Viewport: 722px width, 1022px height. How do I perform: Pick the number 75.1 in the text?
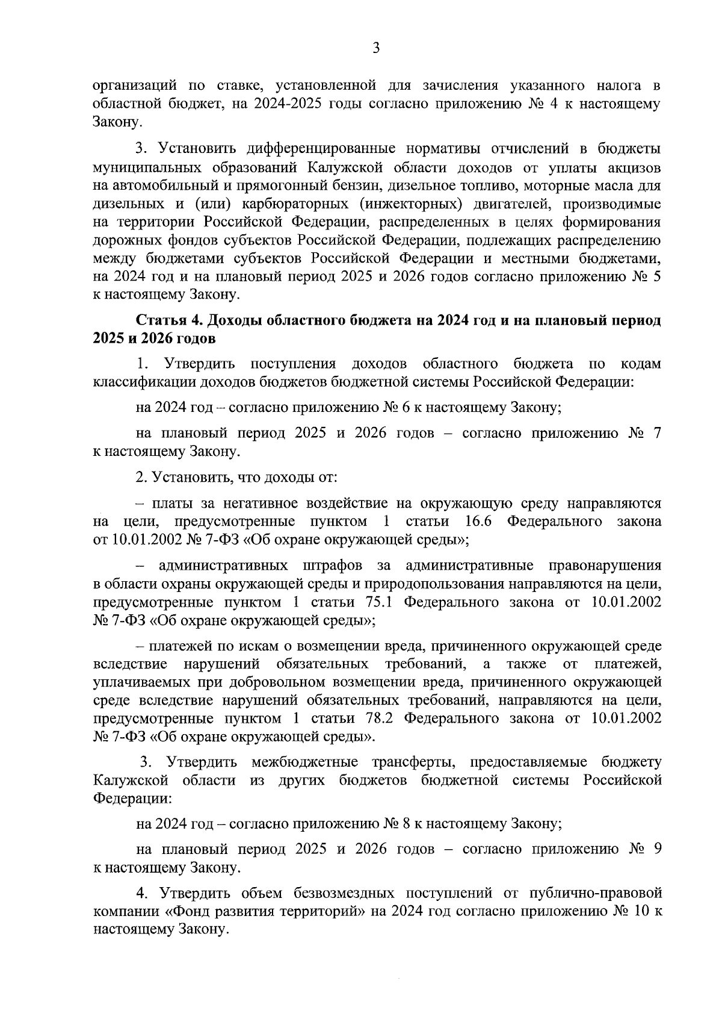pyautogui.click(x=379, y=602)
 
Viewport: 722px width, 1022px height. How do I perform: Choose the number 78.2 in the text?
pyautogui.click(x=379, y=718)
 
